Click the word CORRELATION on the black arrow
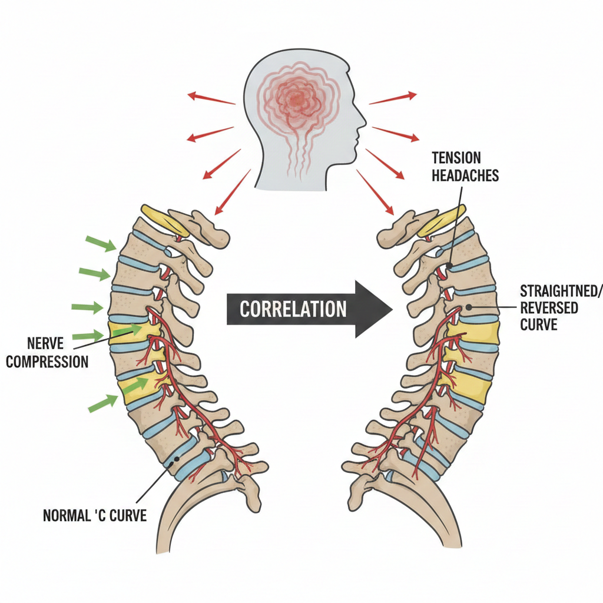pos(292,309)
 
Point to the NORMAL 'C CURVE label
pos(95,516)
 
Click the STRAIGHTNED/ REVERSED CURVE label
pos(548,307)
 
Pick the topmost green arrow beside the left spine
pos(101,243)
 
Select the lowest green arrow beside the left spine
pos(104,403)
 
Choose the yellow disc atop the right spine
pos(442,220)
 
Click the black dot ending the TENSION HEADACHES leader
pos(449,267)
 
